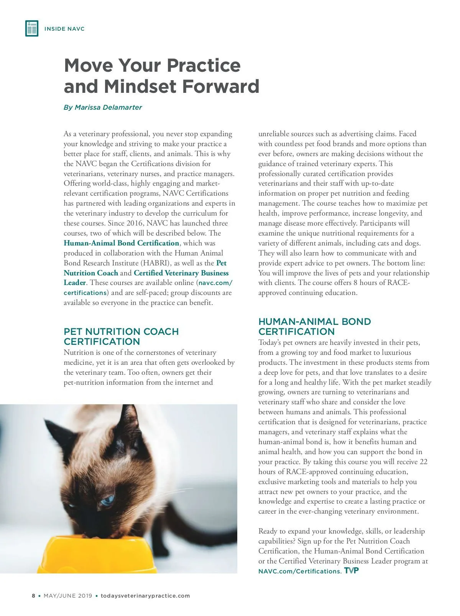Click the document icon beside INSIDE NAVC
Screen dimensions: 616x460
(32, 29)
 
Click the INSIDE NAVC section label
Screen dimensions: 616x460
(64, 29)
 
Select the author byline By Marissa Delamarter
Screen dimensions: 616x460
(103, 107)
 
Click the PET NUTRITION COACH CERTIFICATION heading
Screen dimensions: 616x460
(121, 336)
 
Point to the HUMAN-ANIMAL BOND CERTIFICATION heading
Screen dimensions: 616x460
(314, 326)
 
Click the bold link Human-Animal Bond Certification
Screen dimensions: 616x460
(121, 243)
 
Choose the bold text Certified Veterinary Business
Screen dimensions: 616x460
(181, 273)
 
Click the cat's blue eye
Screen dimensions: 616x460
(107, 499)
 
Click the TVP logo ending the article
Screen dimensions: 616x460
(352, 570)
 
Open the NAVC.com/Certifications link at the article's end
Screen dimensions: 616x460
(299, 571)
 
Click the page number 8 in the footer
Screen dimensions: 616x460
(33, 596)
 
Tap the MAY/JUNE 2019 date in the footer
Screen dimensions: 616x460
(68, 596)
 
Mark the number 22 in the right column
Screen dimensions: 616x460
(423, 462)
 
